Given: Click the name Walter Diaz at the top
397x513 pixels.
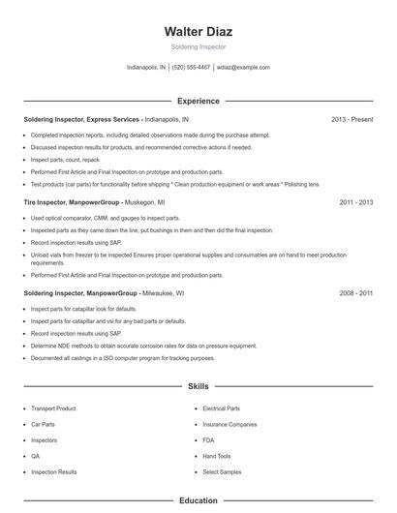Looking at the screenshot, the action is click(198, 32).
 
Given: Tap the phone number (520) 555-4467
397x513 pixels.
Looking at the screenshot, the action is click(192, 68).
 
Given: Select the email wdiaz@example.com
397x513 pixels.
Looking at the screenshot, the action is click(243, 68).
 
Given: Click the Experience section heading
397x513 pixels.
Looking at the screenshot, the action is click(198, 101).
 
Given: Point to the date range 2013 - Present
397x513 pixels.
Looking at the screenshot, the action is click(351, 119).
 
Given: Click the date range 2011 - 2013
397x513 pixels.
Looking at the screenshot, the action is click(355, 203).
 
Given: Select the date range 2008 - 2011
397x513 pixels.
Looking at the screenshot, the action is click(355, 291).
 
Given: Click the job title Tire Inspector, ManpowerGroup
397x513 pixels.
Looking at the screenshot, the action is click(72, 203).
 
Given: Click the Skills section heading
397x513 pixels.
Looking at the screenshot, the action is click(198, 385).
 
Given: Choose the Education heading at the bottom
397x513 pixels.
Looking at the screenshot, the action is click(198, 500).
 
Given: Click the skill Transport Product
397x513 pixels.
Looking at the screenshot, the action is click(53, 408).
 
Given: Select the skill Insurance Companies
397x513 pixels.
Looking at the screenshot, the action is click(229, 424).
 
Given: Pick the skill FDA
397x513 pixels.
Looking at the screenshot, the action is click(208, 440).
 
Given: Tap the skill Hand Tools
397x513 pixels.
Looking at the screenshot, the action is click(217, 456).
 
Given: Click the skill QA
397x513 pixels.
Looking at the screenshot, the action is click(35, 456).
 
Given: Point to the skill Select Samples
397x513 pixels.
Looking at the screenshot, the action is click(222, 472).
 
